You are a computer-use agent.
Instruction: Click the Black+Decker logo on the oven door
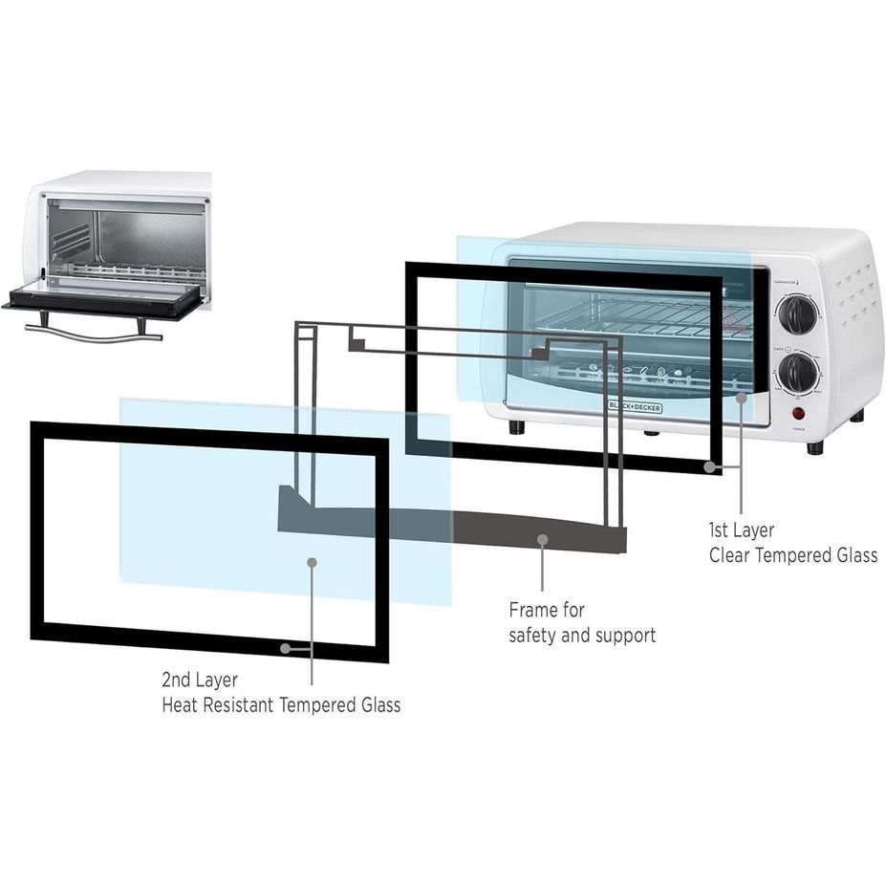634,405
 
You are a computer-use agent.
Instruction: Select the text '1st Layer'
742,529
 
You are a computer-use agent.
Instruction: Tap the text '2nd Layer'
200,681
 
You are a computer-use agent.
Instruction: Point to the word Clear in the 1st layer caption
730,555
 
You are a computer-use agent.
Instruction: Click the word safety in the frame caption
538,635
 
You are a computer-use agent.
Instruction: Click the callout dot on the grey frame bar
542,540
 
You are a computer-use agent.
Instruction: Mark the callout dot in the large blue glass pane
312,562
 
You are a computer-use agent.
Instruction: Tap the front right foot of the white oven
814,447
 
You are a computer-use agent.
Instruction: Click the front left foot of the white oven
516,426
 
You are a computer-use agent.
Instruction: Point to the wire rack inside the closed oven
631,315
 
